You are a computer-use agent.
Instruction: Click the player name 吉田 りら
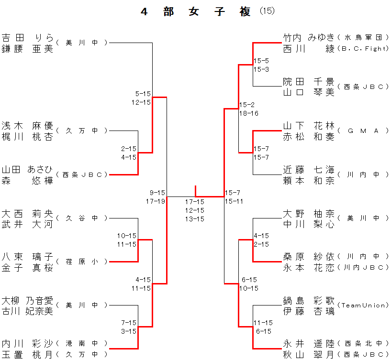[27, 38]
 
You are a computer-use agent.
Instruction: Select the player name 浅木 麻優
[27, 126]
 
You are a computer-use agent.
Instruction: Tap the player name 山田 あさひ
[27, 170]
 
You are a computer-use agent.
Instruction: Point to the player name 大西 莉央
[27, 214]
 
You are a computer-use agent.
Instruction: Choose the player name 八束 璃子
[27, 257]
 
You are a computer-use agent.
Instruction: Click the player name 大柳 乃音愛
[27, 301]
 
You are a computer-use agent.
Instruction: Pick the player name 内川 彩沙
[27, 345]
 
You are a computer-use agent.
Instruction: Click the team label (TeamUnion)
[363, 305]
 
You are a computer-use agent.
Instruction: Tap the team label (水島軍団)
[362, 37]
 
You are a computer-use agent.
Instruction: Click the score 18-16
[249, 113]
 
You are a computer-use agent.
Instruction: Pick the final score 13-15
[195, 219]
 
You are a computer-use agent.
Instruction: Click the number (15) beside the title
[267, 11]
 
